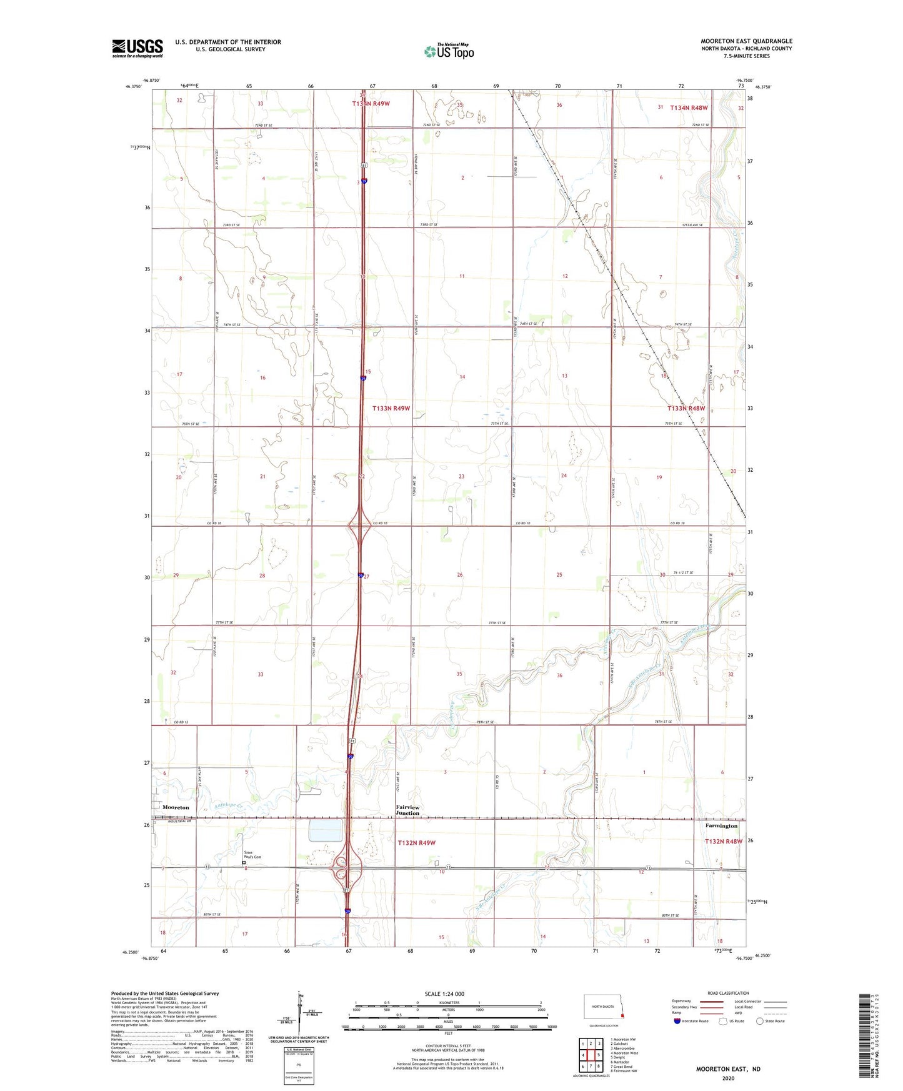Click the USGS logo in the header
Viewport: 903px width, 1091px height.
pyautogui.click(x=137, y=48)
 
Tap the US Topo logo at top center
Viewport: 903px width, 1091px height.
pyautogui.click(x=449, y=51)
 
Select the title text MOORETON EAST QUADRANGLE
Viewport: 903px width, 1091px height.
pyautogui.click(x=746, y=41)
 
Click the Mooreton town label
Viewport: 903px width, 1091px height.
pyautogui.click(x=176, y=807)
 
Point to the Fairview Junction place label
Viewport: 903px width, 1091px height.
pyautogui.click(x=407, y=810)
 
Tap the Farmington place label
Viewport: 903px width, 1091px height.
pyautogui.click(x=721, y=825)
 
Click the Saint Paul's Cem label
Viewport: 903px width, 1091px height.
pyautogui.click(x=252, y=855)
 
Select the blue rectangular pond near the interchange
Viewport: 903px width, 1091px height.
pyautogui.click(x=326, y=830)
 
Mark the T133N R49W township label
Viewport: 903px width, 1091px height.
pyautogui.click(x=391, y=408)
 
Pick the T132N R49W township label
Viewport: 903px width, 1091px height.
pyautogui.click(x=416, y=843)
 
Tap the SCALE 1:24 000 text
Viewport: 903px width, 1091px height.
pyautogui.click(x=444, y=994)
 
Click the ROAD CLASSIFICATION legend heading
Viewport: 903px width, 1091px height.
pyautogui.click(x=728, y=993)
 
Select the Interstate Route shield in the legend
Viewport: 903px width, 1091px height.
pyautogui.click(x=677, y=1021)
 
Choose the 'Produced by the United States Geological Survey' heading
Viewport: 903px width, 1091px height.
pyautogui.click(x=165, y=993)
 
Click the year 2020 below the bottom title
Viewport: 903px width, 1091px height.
pyautogui.click(x=728, y=1078)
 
